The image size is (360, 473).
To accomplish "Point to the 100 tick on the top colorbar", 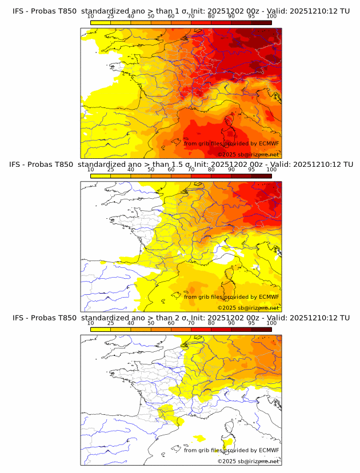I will [271, 17].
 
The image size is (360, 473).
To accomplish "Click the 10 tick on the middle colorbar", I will [91, 170].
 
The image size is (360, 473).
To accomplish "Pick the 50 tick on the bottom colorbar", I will [151, 323].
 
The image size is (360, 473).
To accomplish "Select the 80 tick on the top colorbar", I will [211, 17].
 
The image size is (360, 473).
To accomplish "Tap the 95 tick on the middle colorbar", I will [251, 170].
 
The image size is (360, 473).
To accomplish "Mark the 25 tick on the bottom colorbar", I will [111, 323].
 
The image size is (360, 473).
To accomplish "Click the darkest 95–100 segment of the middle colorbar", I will [261, 175].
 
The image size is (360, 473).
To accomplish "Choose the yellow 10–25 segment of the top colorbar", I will [101, 22].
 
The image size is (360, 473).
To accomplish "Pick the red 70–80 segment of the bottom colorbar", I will [201, 328].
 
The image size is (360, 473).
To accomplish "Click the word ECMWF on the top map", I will [269, 143].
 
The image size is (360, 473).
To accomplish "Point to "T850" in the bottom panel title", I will [66, 318].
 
